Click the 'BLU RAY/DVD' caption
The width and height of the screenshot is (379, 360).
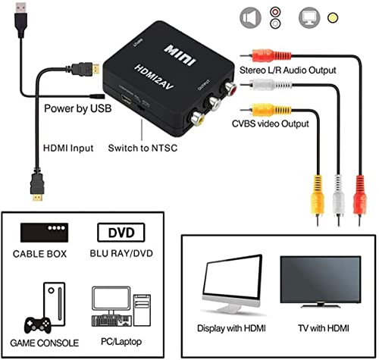pyautogui.click(x=126, y=252)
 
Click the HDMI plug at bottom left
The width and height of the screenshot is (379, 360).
pyautogui.click(x=35, y=186)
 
